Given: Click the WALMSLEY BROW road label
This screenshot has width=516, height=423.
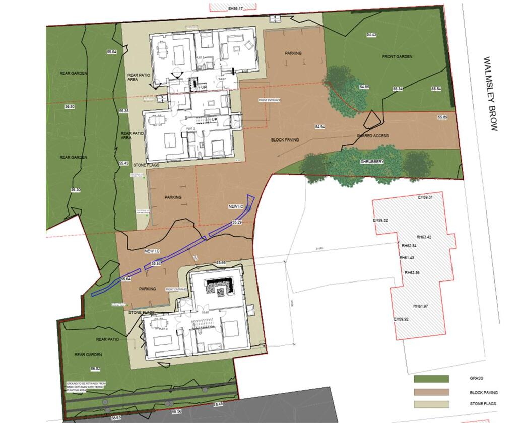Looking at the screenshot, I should click(x=490, y=94).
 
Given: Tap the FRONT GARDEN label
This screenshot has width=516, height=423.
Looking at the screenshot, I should click(x=398, y=57).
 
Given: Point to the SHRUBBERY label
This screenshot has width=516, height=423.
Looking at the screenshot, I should click(x=372, y=162).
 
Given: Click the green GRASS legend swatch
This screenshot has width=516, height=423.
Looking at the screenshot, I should click(x=431, y=379).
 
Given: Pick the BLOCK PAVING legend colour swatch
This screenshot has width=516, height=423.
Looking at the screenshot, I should click(x=431, y=392).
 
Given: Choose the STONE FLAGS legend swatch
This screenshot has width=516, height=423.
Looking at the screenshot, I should click(x=431, y=404).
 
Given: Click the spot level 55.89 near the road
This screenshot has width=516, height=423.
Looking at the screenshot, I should click(x=443, y=117).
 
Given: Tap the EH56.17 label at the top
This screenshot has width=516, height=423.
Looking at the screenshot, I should click(x=235, y=9).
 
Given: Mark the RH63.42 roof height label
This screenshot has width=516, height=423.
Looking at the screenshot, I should click(x=424, y=237).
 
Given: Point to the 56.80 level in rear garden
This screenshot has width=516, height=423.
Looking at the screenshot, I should click(x=70, y=107).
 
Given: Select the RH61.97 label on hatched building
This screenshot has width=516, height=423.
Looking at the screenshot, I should click(x=421, y=306).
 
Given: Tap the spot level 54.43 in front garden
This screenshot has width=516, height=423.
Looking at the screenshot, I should click(x=372, y=35).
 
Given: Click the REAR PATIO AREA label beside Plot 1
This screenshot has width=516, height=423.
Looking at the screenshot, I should click(x=137, y=76).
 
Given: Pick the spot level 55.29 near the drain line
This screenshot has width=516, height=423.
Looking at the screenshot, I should click(x=237, y=222).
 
